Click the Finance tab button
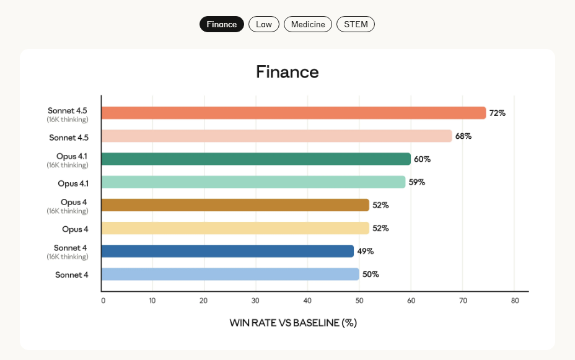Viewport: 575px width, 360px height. point(222,24)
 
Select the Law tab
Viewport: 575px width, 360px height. point(264,24)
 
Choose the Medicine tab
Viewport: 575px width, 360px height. point(308,24)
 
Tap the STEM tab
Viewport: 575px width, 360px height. point(356,24)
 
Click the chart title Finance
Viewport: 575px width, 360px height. point(287,72)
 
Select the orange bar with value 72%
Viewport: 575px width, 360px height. point(293,113)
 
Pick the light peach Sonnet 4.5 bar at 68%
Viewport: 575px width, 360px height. point(276,136)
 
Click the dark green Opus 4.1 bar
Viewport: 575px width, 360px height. point(255,159)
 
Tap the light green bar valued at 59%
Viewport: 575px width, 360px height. point(253,182)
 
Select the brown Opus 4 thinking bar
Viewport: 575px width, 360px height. point(235,205)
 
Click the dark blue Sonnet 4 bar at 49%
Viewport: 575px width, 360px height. point(227,251)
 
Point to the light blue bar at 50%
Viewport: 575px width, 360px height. point(230,274)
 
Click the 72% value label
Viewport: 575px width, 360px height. point(498,113)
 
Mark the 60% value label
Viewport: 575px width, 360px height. point(423,159)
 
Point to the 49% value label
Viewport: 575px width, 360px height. point(366,251)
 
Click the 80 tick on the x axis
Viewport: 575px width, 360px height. point(514,301)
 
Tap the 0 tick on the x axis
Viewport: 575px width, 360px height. point(103,301)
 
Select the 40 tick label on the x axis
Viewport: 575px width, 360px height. point(307,301)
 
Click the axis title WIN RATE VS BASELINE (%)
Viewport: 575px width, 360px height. point(293,323)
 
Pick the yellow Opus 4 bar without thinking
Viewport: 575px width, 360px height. point(235,228)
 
